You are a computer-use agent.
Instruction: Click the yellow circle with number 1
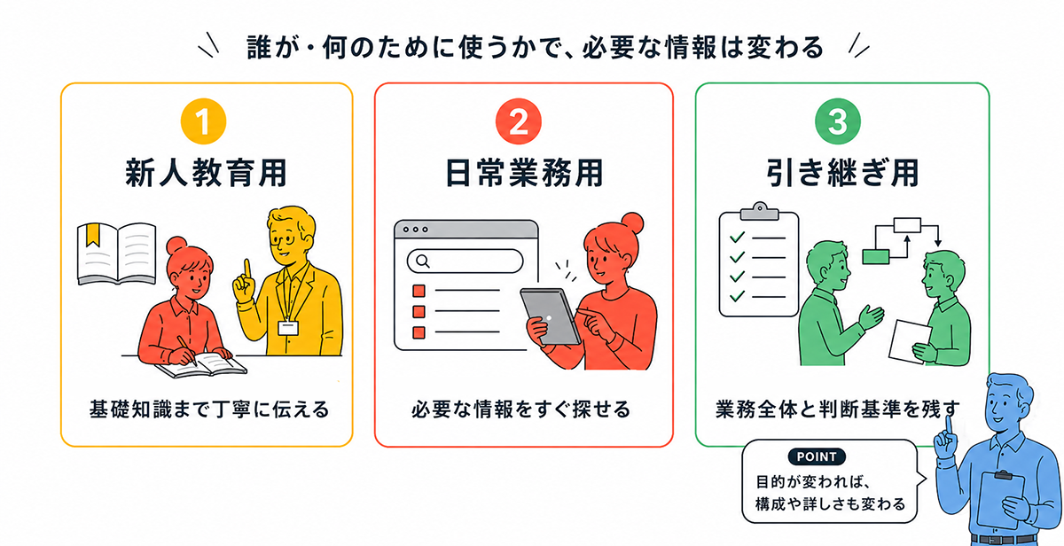pyautogui.click(x=203, y=121)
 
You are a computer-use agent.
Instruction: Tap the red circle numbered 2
pyautogui.click(x=518, y=121)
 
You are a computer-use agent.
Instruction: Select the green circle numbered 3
pyautogui.click(x=837, y=121)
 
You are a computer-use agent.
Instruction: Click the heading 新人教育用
pyautogui.click(x=206, y=174)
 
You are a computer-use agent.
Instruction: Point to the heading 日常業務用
pyautogui.click(x=524, y=174)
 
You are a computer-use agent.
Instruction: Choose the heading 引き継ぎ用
pyautogui.click(x=842, y=174)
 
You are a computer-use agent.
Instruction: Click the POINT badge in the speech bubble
pyautogui.click(x=817, y=456)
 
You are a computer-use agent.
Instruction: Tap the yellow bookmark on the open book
pyautogui.click(x=92, y=235)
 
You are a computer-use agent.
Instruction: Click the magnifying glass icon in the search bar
pyautogui.click(x=422, y=261)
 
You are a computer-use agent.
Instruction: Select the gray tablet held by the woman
pyautogui.click(x=550, y=316)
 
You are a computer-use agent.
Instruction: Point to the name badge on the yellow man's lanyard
pyautogui.click(x=288, y=328)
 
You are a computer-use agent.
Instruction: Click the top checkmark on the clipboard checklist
pyautogui.click(x=737, y=237)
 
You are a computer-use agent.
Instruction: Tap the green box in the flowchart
pyautogui.click(x=876, y=257)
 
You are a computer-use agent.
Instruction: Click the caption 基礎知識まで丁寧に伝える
pyautogui.click(x=209, y=409)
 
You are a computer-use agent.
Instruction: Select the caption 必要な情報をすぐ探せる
pyautogui.click(x=521, y=409)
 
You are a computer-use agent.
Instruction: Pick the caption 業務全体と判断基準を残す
pyautogui.click(x=837, y=409)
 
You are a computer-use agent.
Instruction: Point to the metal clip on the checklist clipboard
pyautogui.click(x=760, y=211)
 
